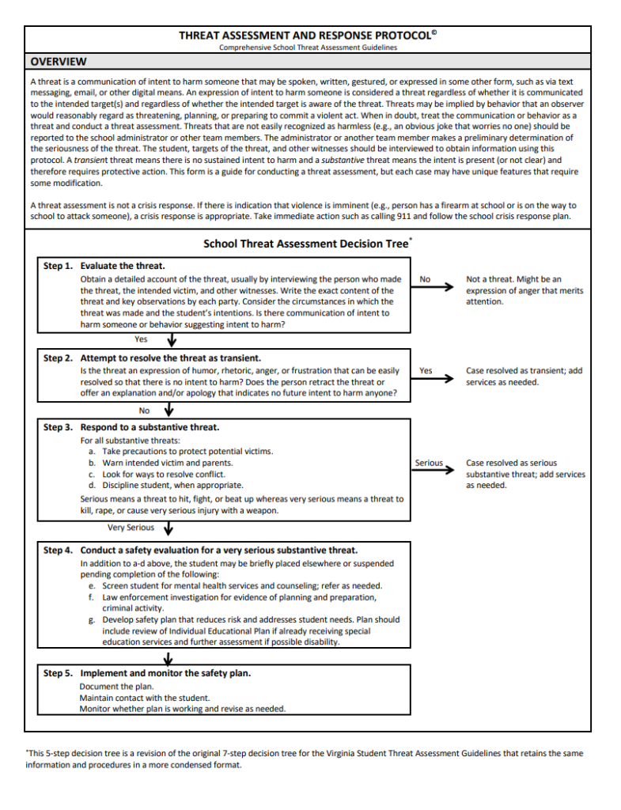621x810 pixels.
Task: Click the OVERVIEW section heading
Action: (x=59, y=62)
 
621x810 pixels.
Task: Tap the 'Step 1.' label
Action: (x=58, y=267)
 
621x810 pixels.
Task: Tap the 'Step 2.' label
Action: (x=58, y=358)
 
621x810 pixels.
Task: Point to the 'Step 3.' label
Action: (x=58, y=427)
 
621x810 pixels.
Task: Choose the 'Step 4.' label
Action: (x=58, y=550)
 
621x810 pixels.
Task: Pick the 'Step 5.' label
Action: (x=58, y=673)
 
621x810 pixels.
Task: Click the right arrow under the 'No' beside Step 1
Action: (x=434, y=289)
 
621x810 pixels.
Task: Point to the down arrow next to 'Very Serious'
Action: (x=168, y=529)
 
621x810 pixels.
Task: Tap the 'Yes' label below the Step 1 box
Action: (x=141, y=339)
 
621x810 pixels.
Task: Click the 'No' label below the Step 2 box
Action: (x=144, y=411)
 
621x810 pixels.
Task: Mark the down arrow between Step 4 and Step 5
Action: (x=168, y=658)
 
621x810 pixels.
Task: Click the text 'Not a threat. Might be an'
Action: (x=513, y=279)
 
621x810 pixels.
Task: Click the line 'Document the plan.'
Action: (x=116, y=687)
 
